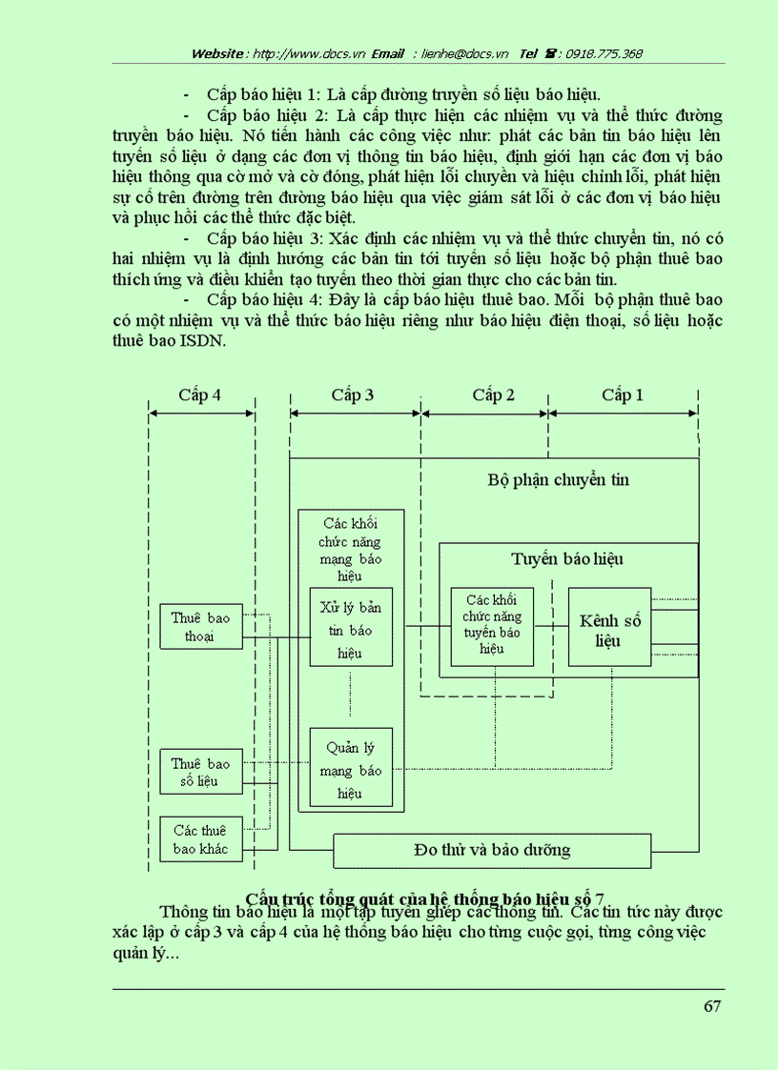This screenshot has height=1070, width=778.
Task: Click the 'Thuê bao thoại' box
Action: click(x=200, y=627)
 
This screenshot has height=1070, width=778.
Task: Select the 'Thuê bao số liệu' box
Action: click(x=200, y=773)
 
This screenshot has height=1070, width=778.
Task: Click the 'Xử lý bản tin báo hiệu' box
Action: click(x=351, y=629)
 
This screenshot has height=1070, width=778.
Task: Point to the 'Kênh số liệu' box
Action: click(x=610, y=630)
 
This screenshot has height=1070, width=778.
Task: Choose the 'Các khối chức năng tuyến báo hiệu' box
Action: click(x=492, y=626)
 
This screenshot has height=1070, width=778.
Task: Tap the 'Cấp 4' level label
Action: click(x=200, y=394)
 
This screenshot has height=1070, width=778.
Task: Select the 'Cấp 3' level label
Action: click(x=353, y=394)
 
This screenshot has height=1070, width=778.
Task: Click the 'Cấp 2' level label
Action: click(x=493, y=394)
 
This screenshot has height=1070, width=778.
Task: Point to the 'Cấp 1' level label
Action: click(x=623, y=394)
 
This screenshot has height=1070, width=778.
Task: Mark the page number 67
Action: click(x=711, y=1007)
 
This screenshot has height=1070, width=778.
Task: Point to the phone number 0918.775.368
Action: click(x=604, y=53)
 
